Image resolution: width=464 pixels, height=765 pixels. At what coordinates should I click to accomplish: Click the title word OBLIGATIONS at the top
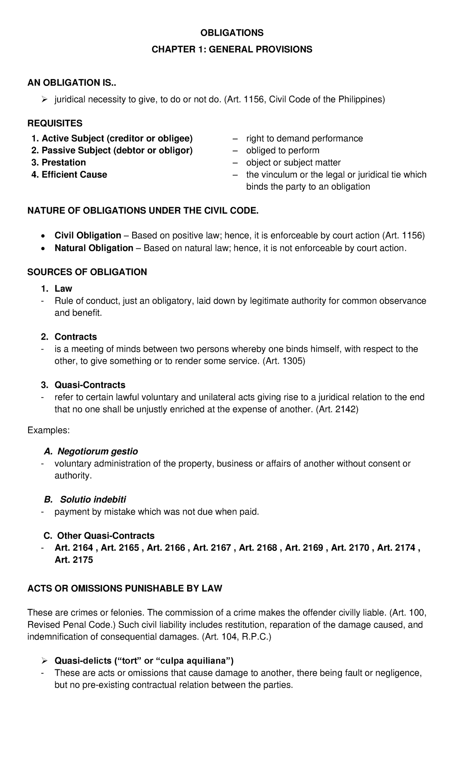pos(232,33)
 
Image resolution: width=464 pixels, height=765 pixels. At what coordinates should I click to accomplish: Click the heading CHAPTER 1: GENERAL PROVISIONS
pos(232,50)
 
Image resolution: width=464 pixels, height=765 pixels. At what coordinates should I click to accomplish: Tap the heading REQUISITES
pos(55,123)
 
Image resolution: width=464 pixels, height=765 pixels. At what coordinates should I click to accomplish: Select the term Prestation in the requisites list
pos(63,163)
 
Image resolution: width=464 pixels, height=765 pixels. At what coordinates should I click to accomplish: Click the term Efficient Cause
pos(74,175)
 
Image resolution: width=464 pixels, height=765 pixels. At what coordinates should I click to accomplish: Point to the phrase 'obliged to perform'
pos(283,151)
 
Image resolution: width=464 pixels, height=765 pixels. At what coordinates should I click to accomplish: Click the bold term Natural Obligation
pos(94,248)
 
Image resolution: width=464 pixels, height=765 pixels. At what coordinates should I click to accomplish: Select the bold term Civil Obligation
pos(88,236)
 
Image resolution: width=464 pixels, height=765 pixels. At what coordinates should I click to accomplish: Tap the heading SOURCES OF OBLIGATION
pos(87,272)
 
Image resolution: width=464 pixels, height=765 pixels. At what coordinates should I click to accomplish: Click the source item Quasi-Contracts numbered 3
pos(90,385)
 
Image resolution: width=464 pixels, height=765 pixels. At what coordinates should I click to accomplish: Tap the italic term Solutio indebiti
pos(92,500)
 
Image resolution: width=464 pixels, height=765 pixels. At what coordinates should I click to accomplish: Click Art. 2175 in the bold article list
pos(74,560)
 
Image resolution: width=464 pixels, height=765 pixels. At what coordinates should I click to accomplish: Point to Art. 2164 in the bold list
pos(74,548)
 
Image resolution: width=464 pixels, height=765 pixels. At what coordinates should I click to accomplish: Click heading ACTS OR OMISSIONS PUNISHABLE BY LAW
pos(125,589)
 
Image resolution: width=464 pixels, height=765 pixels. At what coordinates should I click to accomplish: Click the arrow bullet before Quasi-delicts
pos(44,661)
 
